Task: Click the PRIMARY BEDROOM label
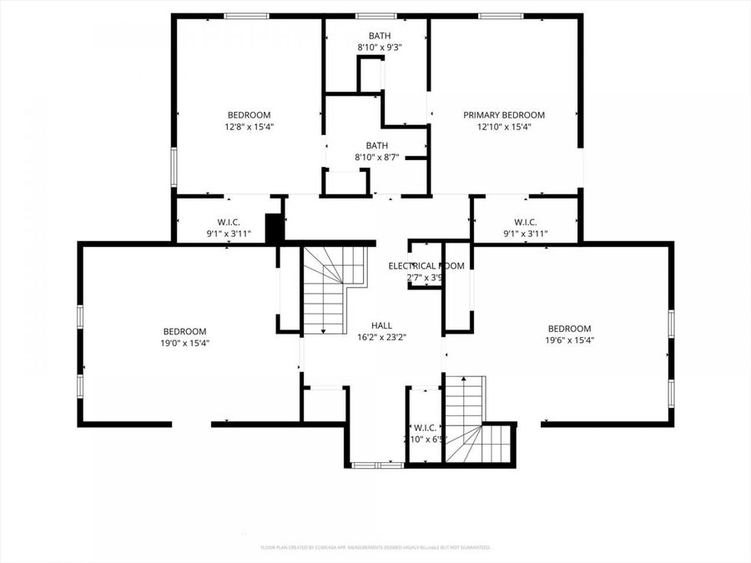click(x=504, y=115)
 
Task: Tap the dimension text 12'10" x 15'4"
click(x=504, y=128)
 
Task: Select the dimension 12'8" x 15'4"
click(x=249, y=128)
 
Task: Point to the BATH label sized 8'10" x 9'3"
click(x=379, y=36)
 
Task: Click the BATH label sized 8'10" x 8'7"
click(x=376, y=145)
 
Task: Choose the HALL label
click(x=381, y=325)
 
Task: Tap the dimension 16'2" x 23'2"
click(x=381, y=338)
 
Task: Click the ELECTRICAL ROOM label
click(x=426, y=266)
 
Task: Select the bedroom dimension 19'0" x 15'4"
click(x=184, y=343)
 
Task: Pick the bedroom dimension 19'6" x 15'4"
click(x=569, y=340)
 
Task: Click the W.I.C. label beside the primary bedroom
click(x=525, y=222)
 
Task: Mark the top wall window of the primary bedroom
click(x=501, y=15)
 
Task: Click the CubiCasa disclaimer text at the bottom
click(x=375, y=547)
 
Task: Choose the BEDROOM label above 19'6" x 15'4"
click(x=569, y=329)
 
